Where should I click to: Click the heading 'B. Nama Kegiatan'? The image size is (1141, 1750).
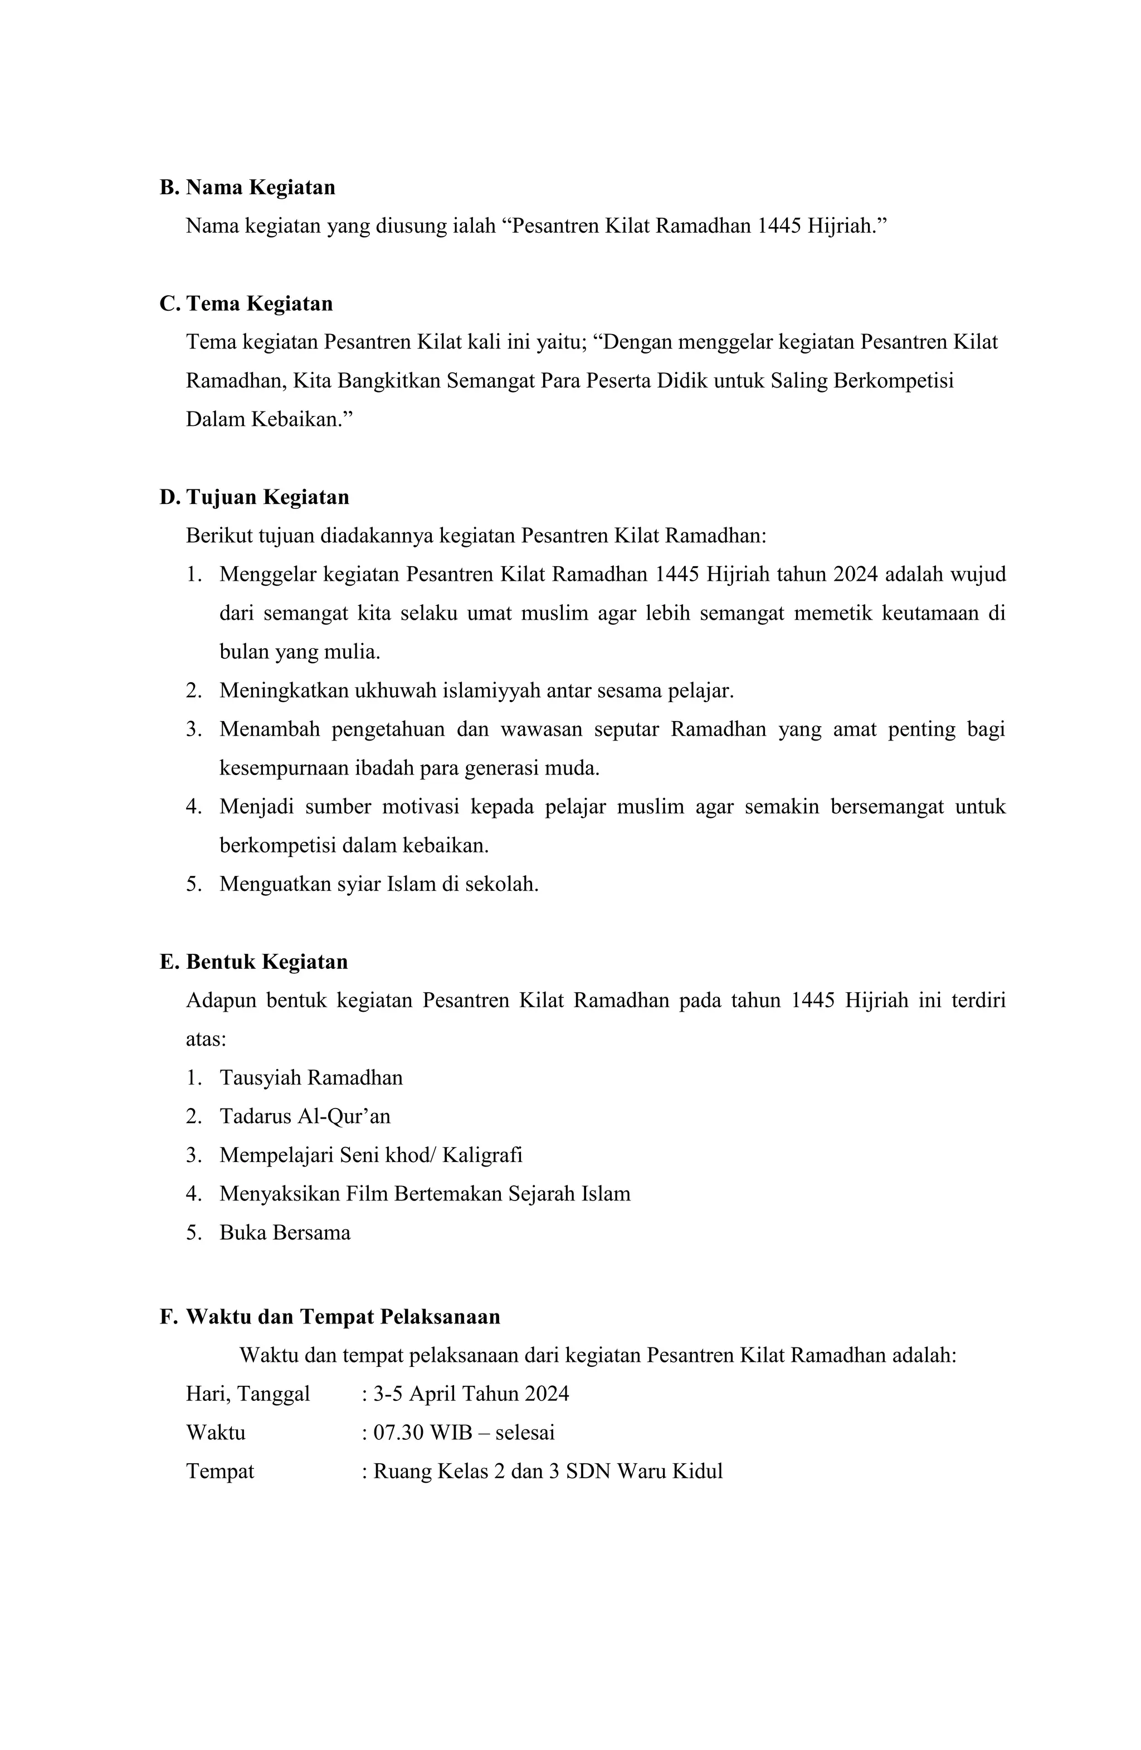tap(247, 188)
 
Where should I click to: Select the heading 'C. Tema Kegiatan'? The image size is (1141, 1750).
tap(246, 303)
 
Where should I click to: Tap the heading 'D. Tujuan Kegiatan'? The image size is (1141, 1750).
tap(254, 497)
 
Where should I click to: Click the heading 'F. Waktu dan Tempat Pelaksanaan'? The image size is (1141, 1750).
tap(330, 1316)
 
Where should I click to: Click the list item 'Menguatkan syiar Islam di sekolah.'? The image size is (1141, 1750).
tap(379, 884)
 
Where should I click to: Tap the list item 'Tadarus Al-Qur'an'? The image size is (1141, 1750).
tap(305, 1116)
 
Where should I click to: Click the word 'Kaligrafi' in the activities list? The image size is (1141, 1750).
tap(482, 1155)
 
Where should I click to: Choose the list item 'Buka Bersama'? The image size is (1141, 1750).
tap(285, 1232)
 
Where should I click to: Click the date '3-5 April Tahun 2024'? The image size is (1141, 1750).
tap(471, 1394)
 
